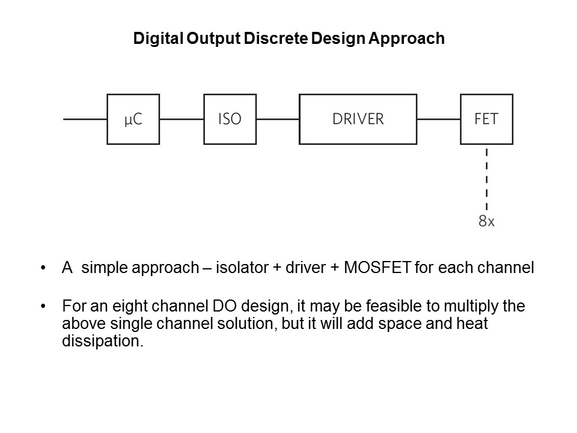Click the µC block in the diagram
click(x=133, y=119)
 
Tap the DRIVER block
click(x=358, y=119)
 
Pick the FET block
click(x=486, y=119)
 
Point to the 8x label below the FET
click(x=486, y=221)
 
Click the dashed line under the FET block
click(x=486, y=177)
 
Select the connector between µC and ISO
click(x=182, y=119)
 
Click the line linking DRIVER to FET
click(x=438, y=119)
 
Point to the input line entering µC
click(x=85, y=119)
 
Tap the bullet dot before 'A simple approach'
click(x=43, y=268)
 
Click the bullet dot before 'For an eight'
click(x=43, y=306)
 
